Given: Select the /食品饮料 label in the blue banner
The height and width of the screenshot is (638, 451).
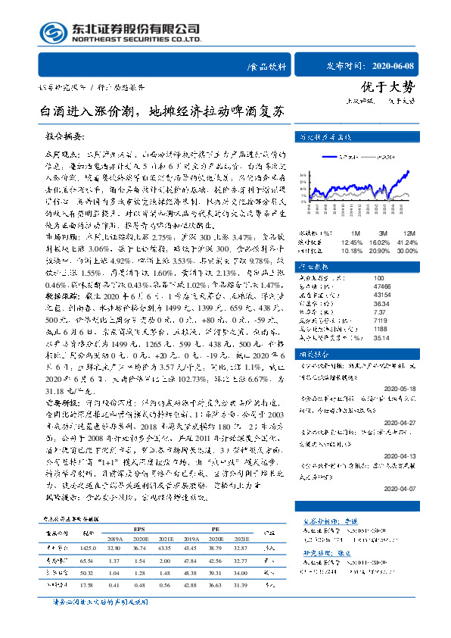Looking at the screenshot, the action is (x=267, y=67).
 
